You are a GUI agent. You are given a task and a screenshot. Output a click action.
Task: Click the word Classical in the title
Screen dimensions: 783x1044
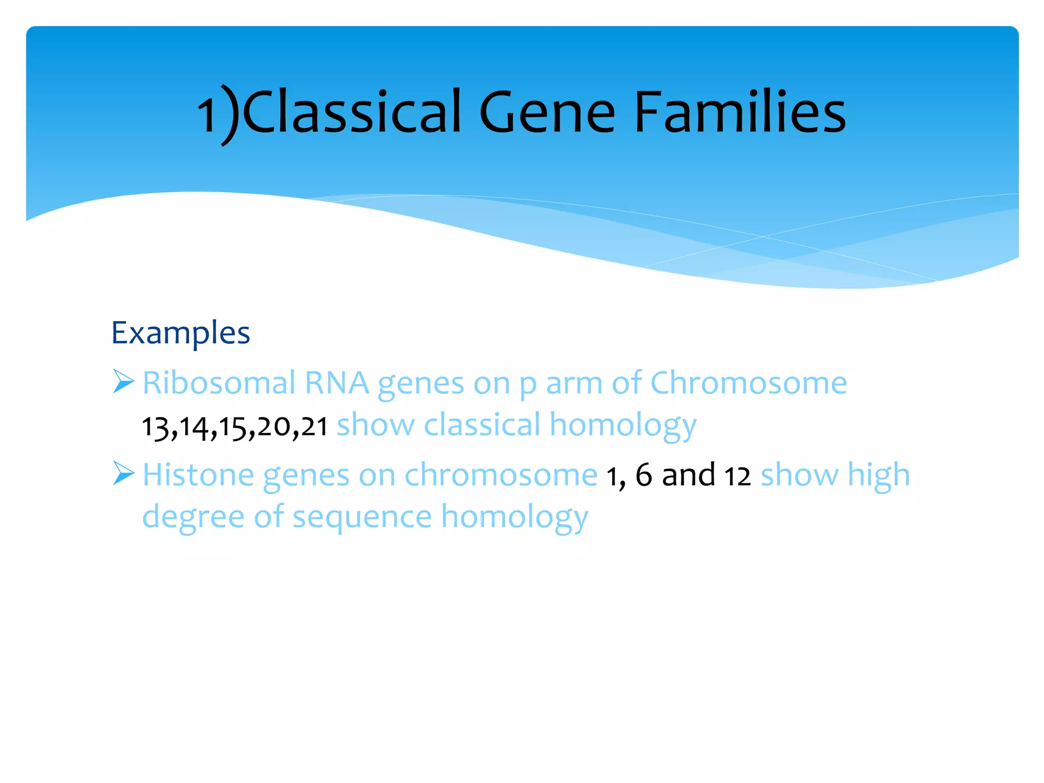352,112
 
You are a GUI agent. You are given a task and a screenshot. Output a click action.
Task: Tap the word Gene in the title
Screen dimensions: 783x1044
547,112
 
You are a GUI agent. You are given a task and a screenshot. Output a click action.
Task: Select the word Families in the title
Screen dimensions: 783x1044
740,112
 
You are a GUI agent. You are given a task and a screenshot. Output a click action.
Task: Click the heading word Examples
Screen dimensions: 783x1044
180,333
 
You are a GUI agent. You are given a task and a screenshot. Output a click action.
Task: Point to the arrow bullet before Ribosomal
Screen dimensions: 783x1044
123,381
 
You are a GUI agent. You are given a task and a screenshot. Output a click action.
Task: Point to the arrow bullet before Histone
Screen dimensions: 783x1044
123,473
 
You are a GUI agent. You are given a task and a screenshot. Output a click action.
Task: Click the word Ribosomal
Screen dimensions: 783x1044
219,383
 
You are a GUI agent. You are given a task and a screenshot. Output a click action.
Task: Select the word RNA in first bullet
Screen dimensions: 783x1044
336,383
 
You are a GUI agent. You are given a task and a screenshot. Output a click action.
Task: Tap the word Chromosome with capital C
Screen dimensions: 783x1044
748,383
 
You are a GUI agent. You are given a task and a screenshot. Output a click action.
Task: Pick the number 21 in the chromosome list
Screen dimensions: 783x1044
314,427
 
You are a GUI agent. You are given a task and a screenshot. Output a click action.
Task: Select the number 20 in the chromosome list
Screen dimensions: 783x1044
274,427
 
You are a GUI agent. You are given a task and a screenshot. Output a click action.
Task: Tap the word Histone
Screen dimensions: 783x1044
198,475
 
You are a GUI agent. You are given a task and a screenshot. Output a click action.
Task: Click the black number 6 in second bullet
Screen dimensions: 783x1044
643,475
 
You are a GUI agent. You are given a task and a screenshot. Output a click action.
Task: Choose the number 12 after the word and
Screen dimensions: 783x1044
737,477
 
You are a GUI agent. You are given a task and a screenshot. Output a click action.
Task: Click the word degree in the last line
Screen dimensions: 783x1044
193,517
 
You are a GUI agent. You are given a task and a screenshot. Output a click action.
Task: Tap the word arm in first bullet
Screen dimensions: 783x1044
574,384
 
